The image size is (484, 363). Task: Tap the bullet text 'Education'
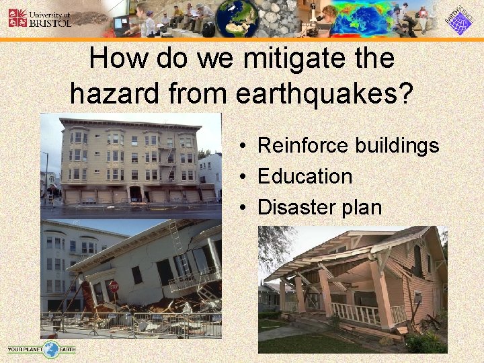point(305,176)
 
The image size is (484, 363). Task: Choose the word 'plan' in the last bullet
point(364,208)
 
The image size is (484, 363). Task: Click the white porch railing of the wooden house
point(356,313)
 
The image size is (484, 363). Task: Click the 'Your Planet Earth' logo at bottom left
point(42,349)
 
